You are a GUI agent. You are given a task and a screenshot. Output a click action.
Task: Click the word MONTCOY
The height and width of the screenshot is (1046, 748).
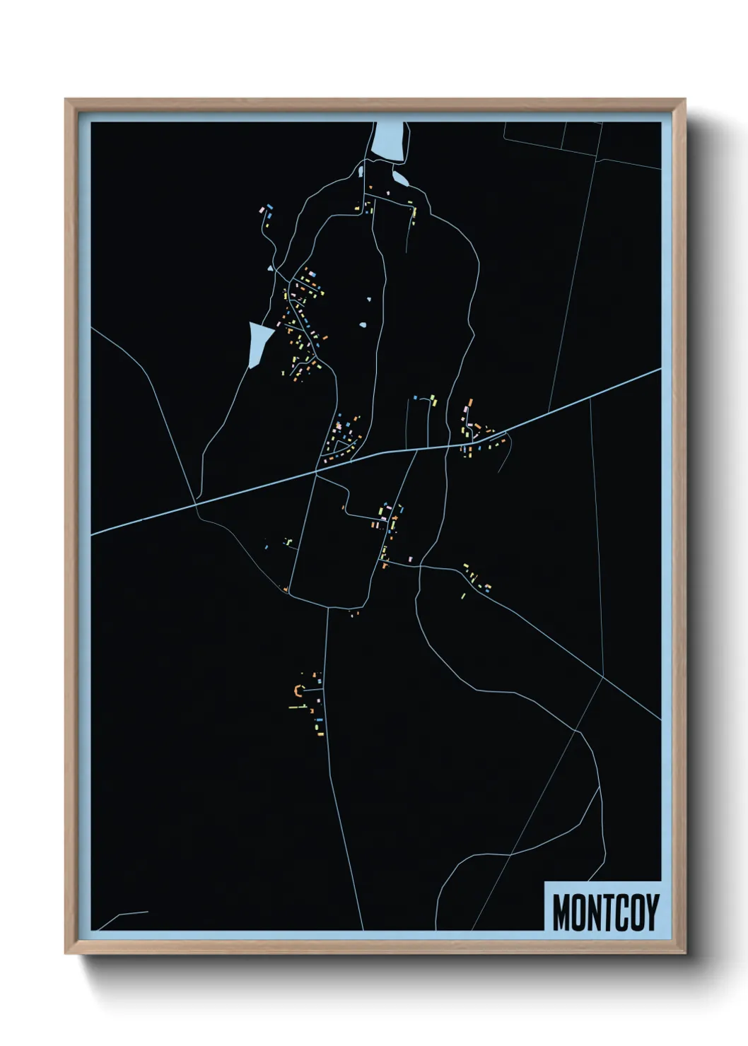point(605,912)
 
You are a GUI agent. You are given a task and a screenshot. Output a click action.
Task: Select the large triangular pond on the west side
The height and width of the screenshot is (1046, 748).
point(258,342)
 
